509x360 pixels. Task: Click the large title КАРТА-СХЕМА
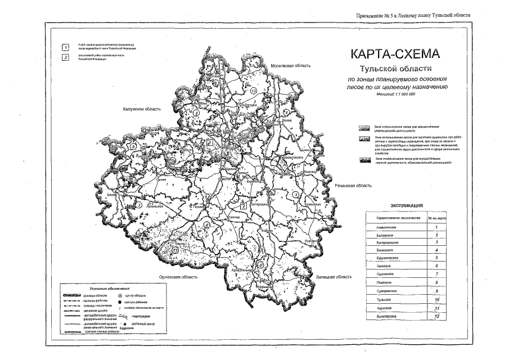pos(393,55)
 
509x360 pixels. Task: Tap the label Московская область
pos(290,66)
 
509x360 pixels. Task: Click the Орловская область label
pos(179,277)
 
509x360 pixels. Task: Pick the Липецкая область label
pos(334,277)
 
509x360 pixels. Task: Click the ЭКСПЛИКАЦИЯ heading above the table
pos(402,206)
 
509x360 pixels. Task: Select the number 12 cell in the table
pos(436,317)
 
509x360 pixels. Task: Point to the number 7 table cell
pos(436,272)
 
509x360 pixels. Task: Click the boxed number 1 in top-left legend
pos(66,47)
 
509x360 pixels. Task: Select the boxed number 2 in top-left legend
pos(66,57)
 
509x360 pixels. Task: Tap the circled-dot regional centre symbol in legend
pos(120,294)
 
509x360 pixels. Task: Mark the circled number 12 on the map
pos(254,90)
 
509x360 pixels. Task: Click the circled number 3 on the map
pos(295,194)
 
